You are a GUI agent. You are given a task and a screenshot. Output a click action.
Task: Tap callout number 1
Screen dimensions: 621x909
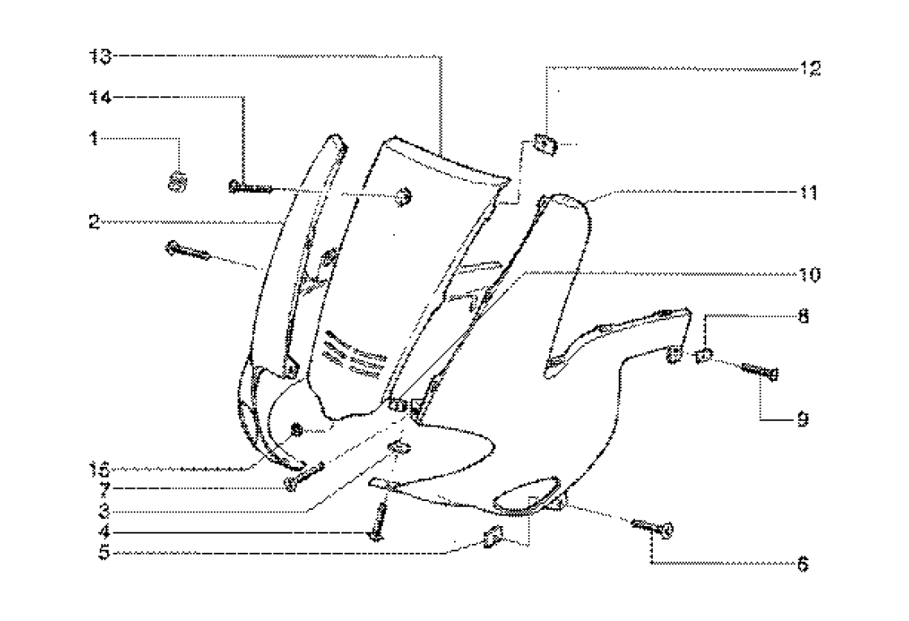click(95, 139)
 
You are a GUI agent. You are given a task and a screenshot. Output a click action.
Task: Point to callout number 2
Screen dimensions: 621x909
click(96, 221)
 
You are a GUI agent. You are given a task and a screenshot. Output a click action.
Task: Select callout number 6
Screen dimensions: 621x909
click(803, 563)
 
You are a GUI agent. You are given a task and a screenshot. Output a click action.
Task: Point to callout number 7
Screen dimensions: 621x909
click(96, 490)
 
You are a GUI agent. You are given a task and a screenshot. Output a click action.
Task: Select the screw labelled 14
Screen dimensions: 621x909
click(249, 188)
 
